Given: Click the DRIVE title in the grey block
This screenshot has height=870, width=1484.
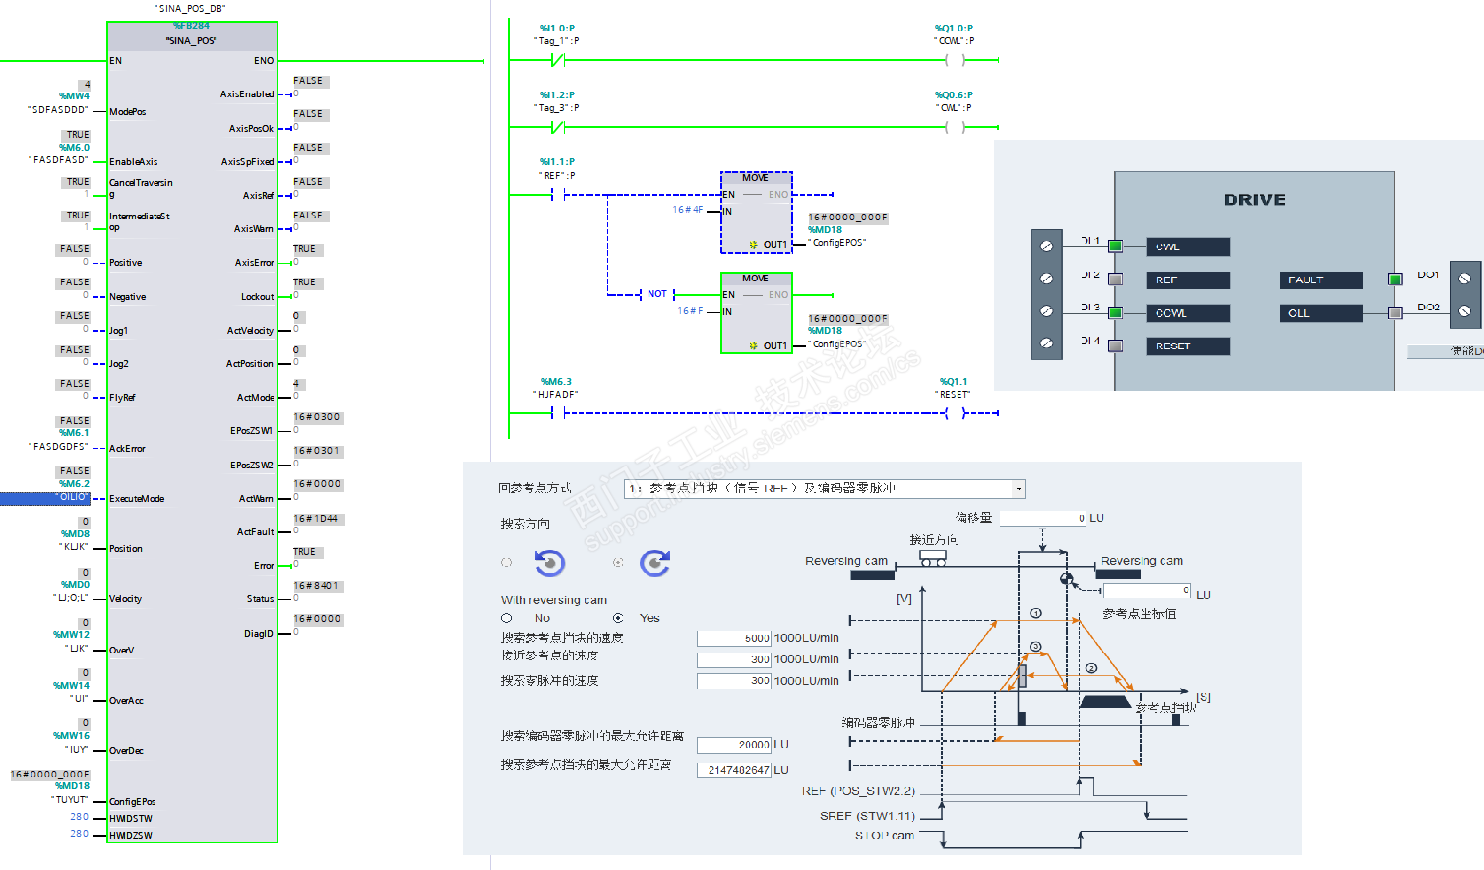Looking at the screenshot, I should (1255, 200).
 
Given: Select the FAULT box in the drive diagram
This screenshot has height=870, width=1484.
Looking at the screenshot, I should (1321, 280).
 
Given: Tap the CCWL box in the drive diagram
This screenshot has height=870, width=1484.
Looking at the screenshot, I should (1188, 313).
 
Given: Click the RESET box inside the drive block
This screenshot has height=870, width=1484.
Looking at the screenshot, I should (1188, 346).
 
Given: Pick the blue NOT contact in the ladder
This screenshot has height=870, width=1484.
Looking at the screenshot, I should (656, 294).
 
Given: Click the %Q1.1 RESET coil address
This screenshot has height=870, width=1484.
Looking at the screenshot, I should (953, 382).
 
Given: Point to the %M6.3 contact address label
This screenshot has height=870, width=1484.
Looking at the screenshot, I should (556, 382).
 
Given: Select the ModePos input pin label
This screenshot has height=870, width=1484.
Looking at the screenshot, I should (128, 112).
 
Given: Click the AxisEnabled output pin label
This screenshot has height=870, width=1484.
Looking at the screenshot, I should (247, 94).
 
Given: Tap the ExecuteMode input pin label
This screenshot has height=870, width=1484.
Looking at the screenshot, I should (137, 499).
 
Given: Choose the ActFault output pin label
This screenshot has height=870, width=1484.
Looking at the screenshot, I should (255, 532).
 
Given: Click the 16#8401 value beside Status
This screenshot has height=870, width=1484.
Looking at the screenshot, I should (317, 586).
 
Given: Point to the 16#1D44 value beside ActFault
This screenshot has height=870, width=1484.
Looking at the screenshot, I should (316, 519).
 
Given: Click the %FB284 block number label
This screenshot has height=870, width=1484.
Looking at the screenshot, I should (192, 26).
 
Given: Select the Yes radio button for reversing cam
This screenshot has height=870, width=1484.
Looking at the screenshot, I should (618, 618).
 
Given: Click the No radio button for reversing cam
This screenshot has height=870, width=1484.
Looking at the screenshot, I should (506, 618).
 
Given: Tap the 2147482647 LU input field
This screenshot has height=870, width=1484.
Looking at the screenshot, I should (734, 770).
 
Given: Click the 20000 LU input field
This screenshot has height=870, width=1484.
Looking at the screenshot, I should (734, 745).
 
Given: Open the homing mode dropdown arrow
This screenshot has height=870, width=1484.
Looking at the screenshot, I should (1019, 489).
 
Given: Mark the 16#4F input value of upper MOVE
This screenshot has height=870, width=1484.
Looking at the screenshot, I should (687, 210).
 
